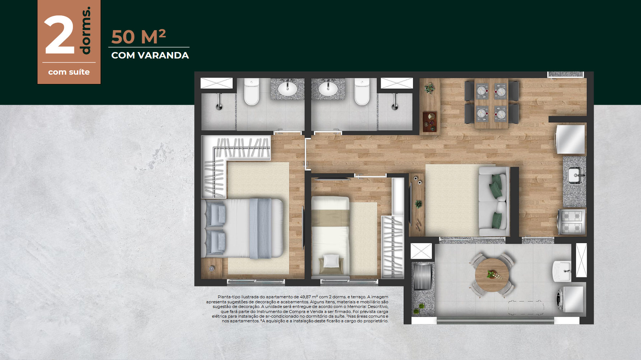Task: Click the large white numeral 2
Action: (59, 35)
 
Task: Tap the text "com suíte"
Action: (69, 72)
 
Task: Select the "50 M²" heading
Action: (138, 37)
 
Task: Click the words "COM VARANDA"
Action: (150, 55)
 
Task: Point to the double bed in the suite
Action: (242, 228)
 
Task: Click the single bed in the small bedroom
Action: (330, 237)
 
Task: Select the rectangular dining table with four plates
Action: (491, 103)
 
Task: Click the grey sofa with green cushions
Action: (494, 201)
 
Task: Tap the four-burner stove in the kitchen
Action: (572, 222)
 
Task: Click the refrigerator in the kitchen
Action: (570, 139)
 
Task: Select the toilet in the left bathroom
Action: (251, 92)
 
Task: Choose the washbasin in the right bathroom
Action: (328, 88)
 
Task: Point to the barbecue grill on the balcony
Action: (422, 276)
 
